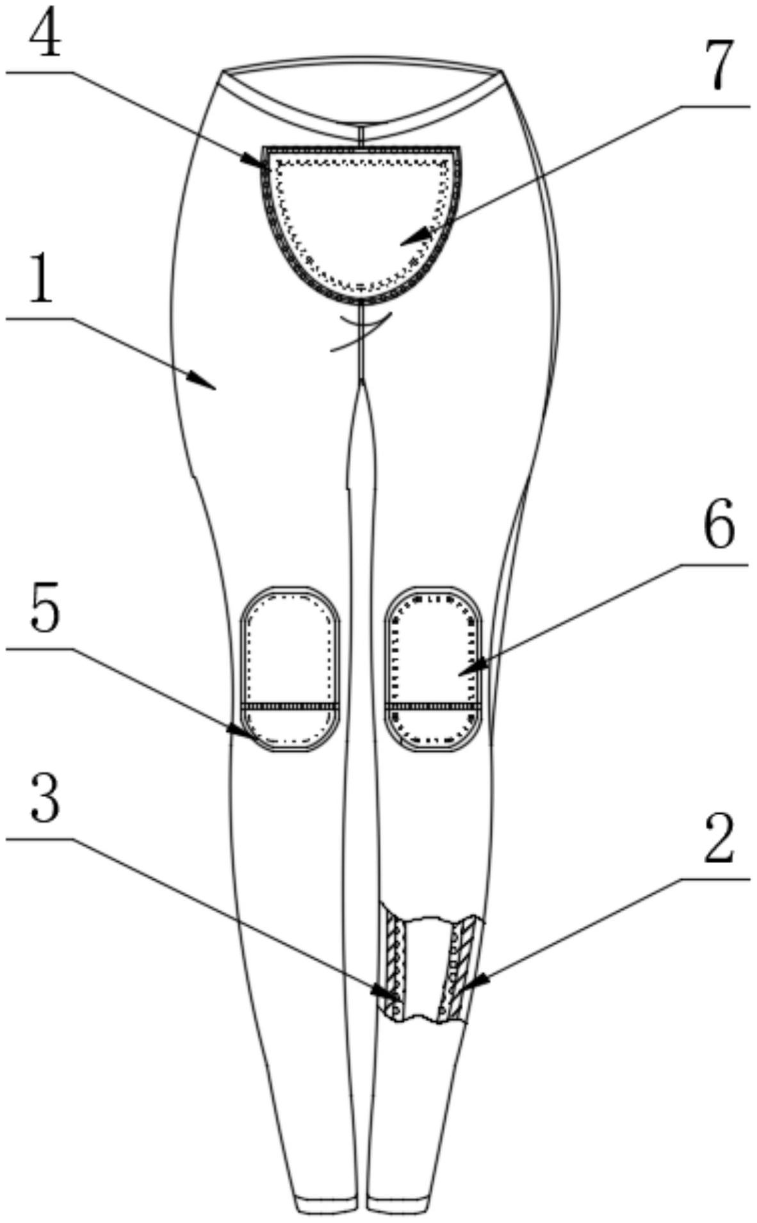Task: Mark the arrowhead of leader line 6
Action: point(462,672)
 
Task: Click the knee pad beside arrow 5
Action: point(289,668)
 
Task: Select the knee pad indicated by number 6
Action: point(433,668)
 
